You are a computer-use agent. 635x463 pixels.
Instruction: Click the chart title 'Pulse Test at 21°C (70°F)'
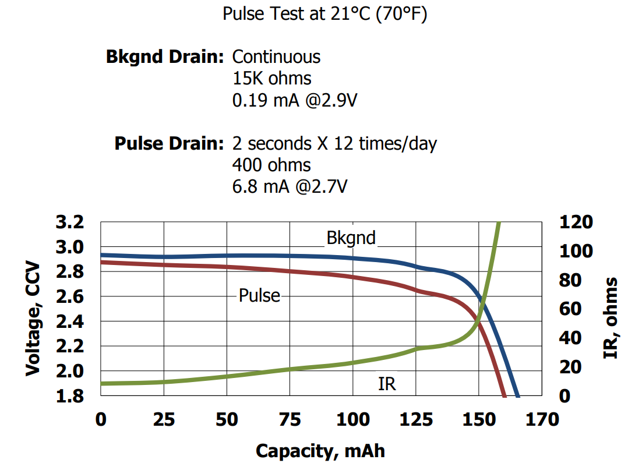point(324,13)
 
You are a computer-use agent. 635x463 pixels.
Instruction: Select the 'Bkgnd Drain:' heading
point(165,57)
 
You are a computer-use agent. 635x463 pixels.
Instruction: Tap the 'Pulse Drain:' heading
point(169,143)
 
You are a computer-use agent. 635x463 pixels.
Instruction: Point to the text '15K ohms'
point(271,78)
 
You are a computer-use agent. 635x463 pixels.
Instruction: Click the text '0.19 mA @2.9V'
point(294,100)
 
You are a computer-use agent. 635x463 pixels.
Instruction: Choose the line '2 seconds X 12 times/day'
point(334,143)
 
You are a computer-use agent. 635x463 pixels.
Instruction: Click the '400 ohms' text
point(271,165)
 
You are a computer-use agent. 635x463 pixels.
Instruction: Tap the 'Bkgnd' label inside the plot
point(351,238)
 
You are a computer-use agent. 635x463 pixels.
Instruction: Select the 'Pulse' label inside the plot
point(259,296)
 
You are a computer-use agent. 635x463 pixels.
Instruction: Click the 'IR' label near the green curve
point(387,384)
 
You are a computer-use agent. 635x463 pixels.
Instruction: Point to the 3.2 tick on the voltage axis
point(70,222)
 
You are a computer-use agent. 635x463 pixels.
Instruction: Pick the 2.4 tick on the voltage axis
point(70,321)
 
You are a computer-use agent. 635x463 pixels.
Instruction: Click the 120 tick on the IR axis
point(576,222)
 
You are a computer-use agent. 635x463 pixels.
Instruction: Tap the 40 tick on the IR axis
point(571,338)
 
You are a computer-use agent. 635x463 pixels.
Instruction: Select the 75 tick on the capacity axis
point(290,419)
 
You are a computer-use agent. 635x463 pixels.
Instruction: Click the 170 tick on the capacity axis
point(542,419)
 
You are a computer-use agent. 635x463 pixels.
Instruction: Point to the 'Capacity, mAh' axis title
point(320,450)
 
